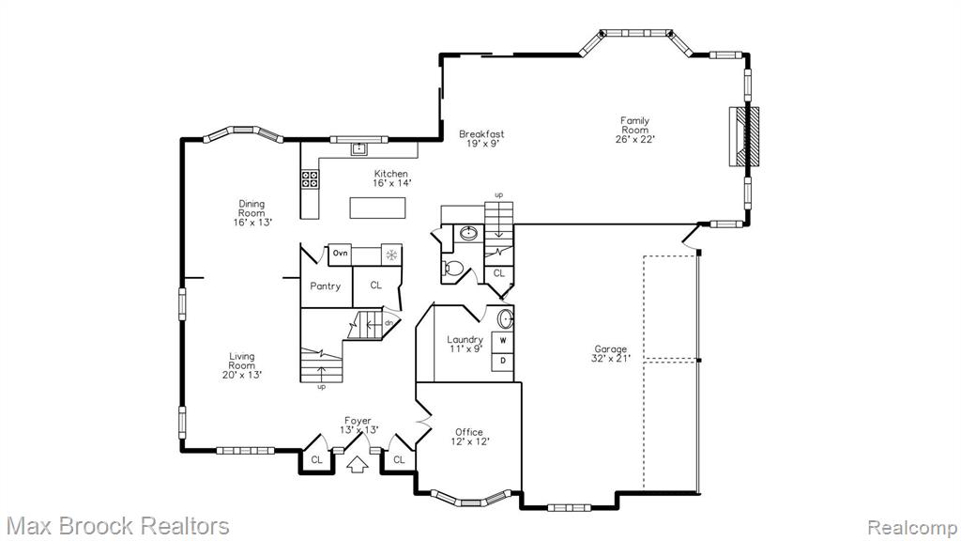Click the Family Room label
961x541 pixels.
635,130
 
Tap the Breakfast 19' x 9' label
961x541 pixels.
481,139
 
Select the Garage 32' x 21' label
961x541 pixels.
610,354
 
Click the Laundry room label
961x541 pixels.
465,344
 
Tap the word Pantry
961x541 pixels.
326,286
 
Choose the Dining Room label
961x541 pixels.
252,213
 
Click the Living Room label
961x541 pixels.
242,365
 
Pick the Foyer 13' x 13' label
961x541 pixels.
358,425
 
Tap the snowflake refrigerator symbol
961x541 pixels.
391,255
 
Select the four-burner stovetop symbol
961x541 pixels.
310,178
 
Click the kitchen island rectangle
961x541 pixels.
377,208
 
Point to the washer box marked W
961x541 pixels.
503,340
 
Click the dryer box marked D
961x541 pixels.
503,361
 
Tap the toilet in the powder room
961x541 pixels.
453,268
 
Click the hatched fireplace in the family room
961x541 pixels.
744,136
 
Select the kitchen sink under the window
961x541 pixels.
358,148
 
